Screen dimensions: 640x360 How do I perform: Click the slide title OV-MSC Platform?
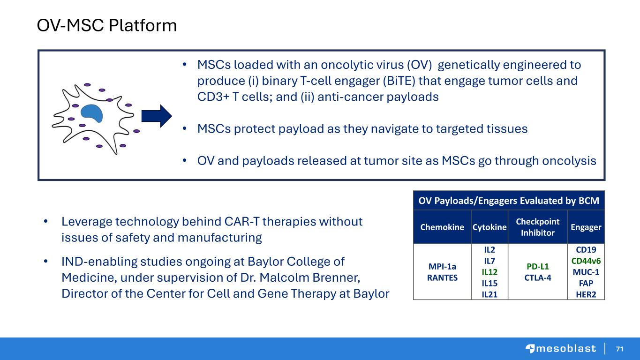pos(107,25)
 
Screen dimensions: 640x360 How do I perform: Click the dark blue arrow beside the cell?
pos(157,116)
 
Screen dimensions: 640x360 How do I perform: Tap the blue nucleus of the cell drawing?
pos(92,113)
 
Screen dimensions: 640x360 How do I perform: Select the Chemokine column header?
pos(442,227)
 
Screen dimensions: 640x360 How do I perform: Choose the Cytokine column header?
pos(489,227)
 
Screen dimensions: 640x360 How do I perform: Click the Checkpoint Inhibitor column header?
pos(537,227)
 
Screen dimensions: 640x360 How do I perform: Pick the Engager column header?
pos(586,227)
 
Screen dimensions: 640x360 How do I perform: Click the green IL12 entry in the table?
pos(489,272)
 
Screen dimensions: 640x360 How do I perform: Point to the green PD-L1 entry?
pos(538,267)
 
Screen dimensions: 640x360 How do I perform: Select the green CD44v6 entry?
pos(586,261)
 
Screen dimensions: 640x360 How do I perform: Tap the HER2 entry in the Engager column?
pos(586,294)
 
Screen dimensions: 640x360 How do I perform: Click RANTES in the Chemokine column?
pos(442,277)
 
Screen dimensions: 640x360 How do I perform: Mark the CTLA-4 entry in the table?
pos(538,277)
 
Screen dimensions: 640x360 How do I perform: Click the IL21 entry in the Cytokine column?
pos(489,294)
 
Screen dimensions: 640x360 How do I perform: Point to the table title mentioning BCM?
pos(509,201)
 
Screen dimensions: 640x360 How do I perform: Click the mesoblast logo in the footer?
pos(561,349)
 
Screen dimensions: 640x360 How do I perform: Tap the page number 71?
pos(619,349)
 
